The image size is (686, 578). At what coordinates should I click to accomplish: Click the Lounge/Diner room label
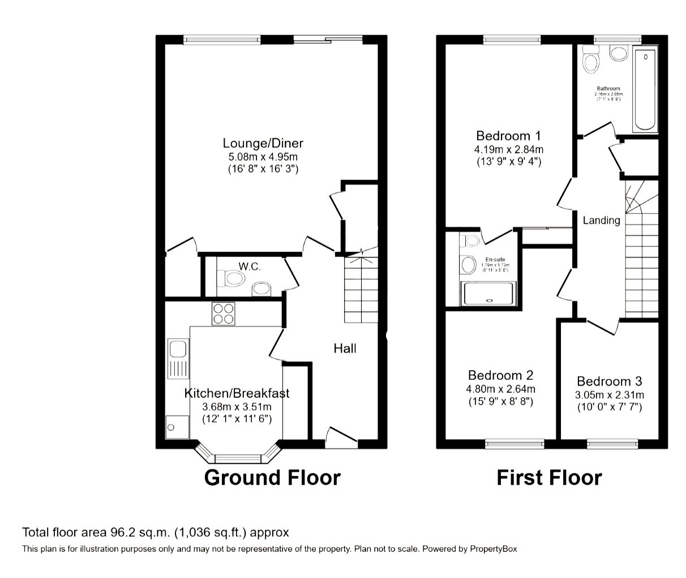[263, 143]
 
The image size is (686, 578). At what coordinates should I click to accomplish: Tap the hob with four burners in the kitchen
[223, 314]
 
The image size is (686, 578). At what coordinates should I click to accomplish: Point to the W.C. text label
[250, 266]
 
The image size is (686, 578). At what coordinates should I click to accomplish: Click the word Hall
[345, 348]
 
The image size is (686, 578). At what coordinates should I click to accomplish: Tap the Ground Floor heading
[272, 477]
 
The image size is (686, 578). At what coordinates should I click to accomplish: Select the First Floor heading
[549, 477]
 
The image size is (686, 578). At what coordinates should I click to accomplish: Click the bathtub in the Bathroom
[645, 91]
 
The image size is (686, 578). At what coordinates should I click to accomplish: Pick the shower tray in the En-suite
[488, 294]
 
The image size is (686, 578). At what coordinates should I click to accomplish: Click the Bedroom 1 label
[508, 136]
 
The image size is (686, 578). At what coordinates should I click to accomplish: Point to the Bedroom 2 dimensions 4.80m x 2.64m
[500, 389]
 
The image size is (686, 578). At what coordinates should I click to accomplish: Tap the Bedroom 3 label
[609, 382]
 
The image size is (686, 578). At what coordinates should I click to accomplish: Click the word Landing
[601, 220]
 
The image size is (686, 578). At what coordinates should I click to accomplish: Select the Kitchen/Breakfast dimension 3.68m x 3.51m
[237, 407]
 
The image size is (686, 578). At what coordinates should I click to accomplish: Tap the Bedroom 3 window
[612, 443]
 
